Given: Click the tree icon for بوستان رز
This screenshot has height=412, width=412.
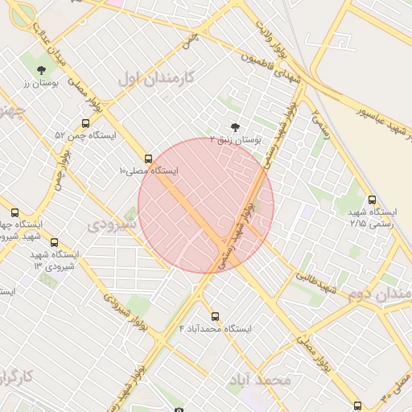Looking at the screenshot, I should pos(42,70).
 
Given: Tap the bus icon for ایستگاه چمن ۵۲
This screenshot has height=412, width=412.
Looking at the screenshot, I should pos(86,123).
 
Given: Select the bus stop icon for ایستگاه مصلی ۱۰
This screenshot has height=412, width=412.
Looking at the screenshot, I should pos(147,159).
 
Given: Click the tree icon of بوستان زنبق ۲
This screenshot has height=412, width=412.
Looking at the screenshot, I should pos(234,126).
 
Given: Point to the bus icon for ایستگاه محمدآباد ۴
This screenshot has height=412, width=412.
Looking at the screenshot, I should pos(214,316).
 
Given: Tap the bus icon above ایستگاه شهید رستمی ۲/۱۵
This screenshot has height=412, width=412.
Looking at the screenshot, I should pos(372,200).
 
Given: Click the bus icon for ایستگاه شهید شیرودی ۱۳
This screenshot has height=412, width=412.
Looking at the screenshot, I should pos(54,242).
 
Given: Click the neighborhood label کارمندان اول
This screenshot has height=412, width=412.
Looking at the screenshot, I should pos(156,78).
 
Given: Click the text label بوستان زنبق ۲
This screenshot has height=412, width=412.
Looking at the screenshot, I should pos(236,139).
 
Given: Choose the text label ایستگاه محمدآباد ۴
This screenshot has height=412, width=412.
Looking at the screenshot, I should pos(215,329).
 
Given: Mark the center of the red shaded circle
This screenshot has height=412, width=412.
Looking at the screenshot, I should pos(206,205).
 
